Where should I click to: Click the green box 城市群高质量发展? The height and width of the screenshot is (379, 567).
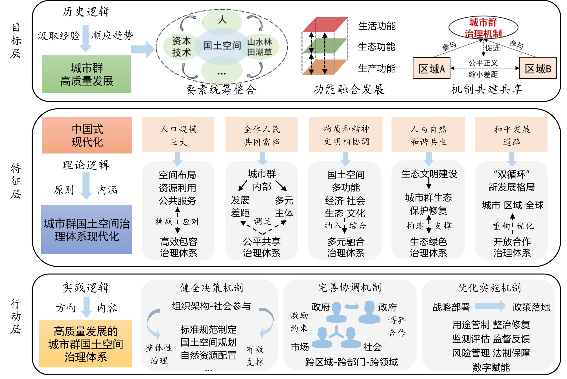[x=86, y=74]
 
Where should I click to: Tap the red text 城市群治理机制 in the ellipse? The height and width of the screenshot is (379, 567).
[x=483, y=28]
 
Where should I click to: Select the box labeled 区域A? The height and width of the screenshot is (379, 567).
[x=431, y=68]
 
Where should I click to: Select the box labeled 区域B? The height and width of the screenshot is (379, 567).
[x=538, y=68]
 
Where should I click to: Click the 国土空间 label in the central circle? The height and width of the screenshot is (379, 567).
[x=222, y=45]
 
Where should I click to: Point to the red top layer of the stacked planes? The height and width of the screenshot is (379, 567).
[x=325, y=25]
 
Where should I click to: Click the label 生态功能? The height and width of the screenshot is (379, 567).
[x=376, y=47]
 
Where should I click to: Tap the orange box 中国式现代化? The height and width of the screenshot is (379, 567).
[x=87, y=135]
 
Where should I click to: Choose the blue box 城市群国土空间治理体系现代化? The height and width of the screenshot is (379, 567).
[x=87, y=229]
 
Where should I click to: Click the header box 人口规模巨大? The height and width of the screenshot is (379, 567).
[x=178, y=135]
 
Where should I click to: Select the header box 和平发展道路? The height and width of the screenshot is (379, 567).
[x=511, y=135]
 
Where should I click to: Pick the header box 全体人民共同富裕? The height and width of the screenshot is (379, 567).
[x=262, y=135]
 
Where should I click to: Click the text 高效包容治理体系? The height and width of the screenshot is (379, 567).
[x=178, y=247]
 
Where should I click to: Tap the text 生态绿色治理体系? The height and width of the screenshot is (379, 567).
[x=428, y=247]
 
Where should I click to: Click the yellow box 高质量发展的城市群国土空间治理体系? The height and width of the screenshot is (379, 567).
[x=86, y=344]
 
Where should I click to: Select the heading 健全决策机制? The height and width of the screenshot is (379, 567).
[x=211, y=288]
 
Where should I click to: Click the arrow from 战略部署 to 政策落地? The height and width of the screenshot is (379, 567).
[x=490, y=306]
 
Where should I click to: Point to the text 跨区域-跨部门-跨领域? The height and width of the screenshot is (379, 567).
[x=351, y=362]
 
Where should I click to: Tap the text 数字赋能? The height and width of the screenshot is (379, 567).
[x=491, y=367]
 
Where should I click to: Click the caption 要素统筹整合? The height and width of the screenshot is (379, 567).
[x=221, y=90]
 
